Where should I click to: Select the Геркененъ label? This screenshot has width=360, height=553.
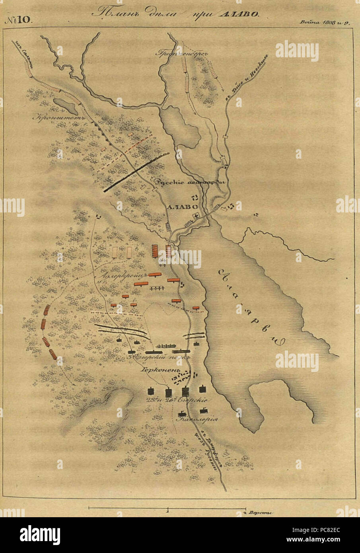click(156, 370)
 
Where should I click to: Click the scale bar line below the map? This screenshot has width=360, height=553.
click(167, 508)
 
